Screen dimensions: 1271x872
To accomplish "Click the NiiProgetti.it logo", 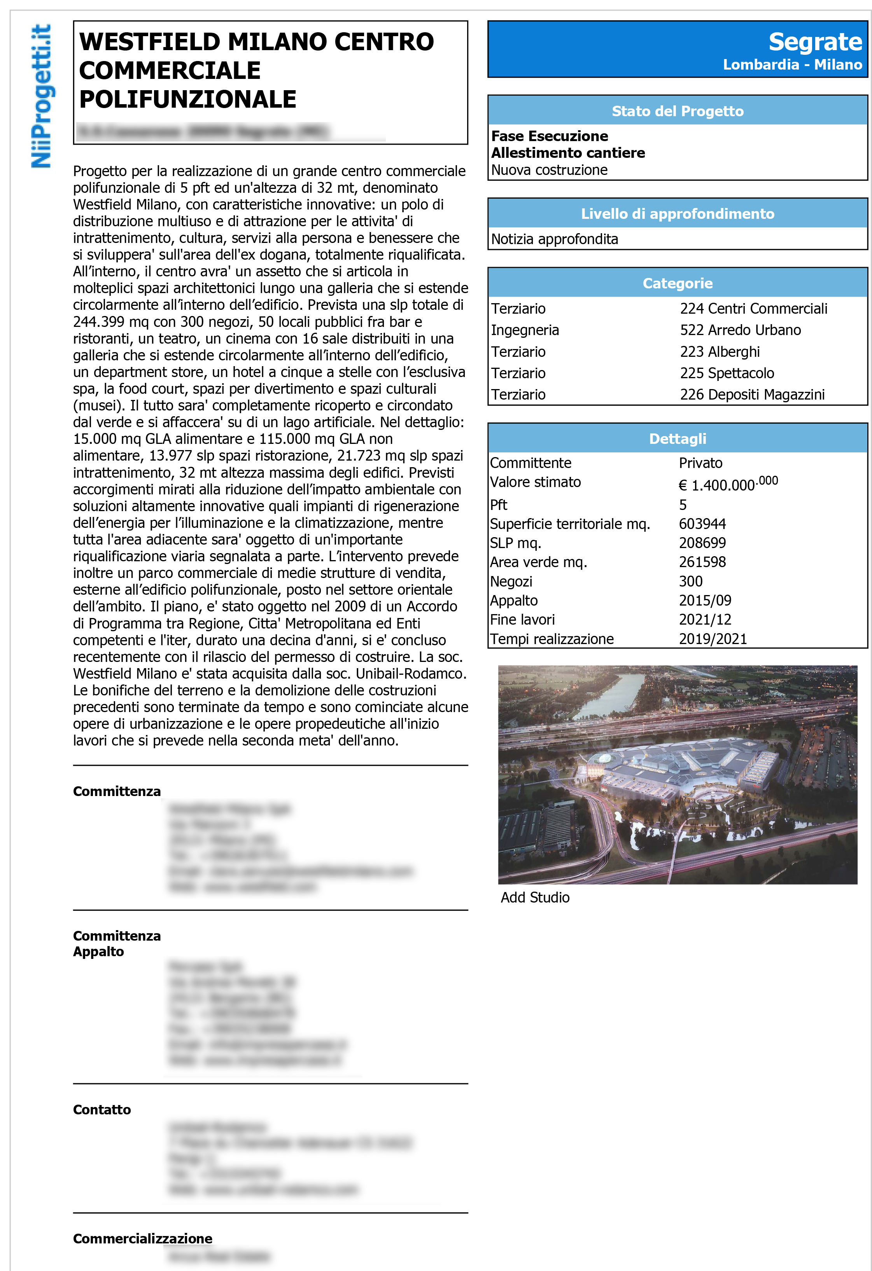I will click(x=41, y=96).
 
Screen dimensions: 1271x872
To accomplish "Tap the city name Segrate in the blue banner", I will click(x=814, y=42).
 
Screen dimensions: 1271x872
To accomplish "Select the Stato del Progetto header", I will click(x=677, y=111).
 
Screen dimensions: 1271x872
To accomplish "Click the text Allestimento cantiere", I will click(x=567, y=153).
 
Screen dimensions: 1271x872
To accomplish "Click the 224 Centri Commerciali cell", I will click(x=753, y=309).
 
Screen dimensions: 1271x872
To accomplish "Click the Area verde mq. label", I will click(x=538, y=562).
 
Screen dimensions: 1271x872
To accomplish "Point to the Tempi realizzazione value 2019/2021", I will click(x=712, y=638).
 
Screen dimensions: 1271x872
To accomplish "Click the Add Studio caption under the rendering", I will click(x=535, y=897).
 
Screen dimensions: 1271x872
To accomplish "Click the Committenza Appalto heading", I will click(x=117, y=943).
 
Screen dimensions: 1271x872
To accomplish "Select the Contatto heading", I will click(x=102, y=1110).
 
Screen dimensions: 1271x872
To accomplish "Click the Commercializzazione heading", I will click(x=142, y=1238).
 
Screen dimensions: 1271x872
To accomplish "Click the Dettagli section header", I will click(x=677, y=438).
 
